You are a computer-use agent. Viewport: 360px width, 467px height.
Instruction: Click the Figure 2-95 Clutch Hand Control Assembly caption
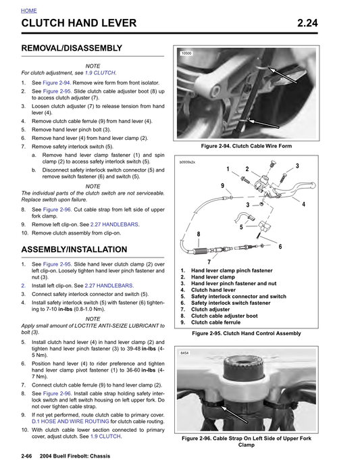[x=246, y=333]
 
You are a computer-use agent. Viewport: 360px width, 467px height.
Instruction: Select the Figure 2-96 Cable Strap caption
[x=247, y=441]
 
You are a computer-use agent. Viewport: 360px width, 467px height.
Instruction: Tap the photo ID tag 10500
[x=186, y=53]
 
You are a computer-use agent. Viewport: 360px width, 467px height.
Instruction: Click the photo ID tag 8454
[x=184, y=353]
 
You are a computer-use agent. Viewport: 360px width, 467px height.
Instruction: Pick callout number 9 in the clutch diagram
[x=222, y=186]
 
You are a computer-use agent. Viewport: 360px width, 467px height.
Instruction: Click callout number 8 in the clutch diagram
[x=198, y=235]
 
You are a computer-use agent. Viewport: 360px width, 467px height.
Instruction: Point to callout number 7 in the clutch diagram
[x=209, y=262]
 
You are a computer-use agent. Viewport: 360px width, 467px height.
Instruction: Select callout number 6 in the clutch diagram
[x=280, y=247]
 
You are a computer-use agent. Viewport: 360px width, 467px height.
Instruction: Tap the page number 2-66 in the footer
[x=28, y=460]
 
